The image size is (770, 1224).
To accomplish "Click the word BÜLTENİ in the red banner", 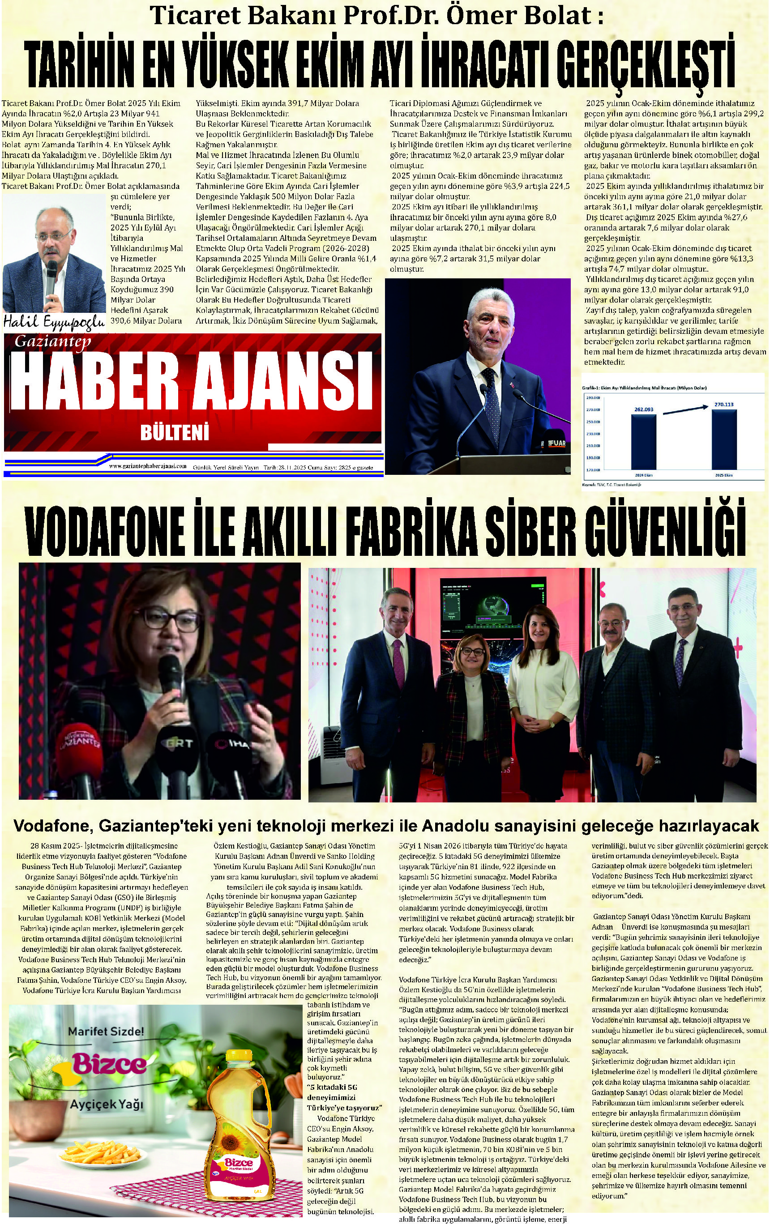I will click(x=175, y=433).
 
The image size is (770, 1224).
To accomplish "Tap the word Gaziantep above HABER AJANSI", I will click(x=52, y=341).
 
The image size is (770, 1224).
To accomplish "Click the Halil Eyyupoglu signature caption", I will click(x=53, y=320).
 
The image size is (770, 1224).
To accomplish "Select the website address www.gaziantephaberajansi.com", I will click(x=147, y=466).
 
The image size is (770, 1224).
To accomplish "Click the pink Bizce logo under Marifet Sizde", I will click(x=109, y=1063).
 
